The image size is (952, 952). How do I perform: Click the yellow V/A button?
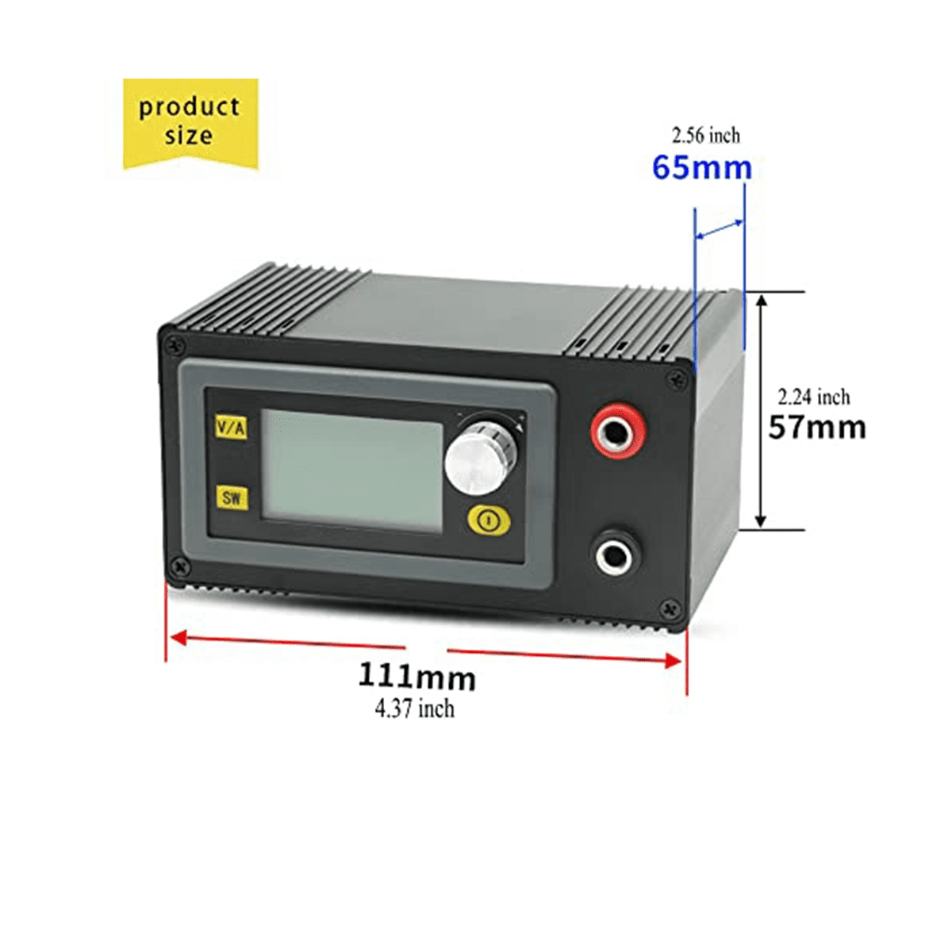(231, 426)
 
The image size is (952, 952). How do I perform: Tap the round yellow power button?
(489, 520)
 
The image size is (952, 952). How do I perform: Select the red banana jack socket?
(619, 430)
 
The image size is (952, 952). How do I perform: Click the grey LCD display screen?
(351, 470)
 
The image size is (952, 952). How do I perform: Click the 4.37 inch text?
(414, 709)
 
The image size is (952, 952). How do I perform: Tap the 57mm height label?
(817, 428)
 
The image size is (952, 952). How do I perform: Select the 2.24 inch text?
(814, 397)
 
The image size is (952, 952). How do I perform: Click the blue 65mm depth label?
(702, 168)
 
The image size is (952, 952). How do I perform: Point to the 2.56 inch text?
(706, 136)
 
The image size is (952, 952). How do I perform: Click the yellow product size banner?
(190, 124)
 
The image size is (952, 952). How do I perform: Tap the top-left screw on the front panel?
(175, 345)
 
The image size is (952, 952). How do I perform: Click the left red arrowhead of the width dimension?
(178, 638)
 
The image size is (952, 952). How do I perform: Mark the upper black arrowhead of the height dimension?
(762, 301)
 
